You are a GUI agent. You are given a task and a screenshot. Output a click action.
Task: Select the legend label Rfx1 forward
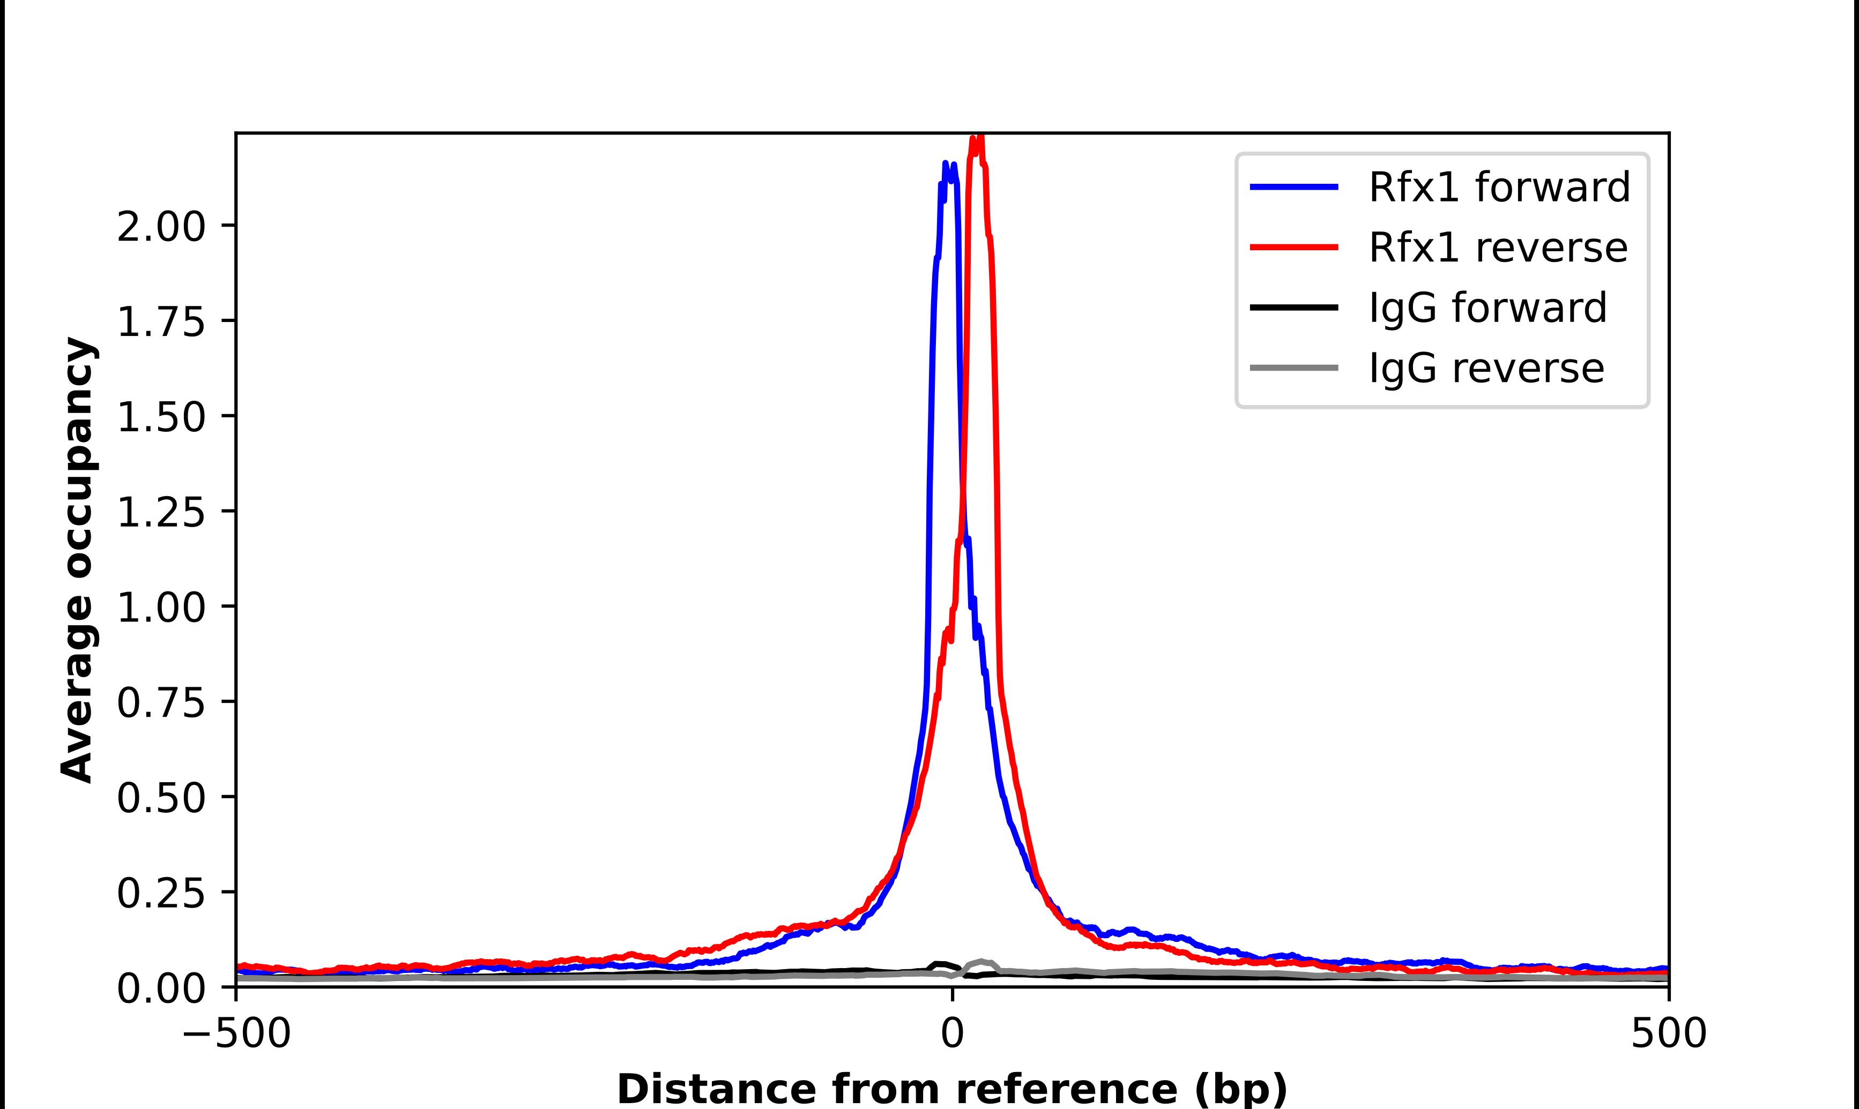pyautogui.click(x=1499, y=187)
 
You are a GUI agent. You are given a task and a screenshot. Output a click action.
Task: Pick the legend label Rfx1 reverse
pyautogui.click(x=1497, y=248)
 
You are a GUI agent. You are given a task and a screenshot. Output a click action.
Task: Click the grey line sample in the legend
pyautogui.click(x=1294, y=368)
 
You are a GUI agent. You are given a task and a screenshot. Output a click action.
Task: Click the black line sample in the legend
pyautogui.click(x=1294, y=307)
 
